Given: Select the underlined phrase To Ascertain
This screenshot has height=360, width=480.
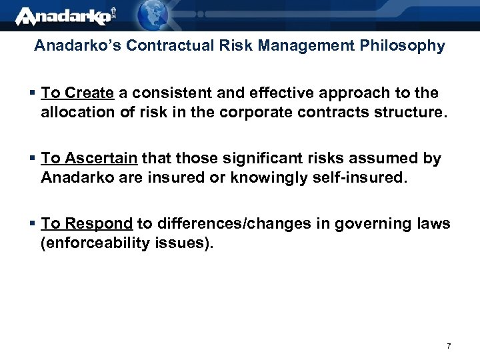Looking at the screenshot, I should point(89,159).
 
